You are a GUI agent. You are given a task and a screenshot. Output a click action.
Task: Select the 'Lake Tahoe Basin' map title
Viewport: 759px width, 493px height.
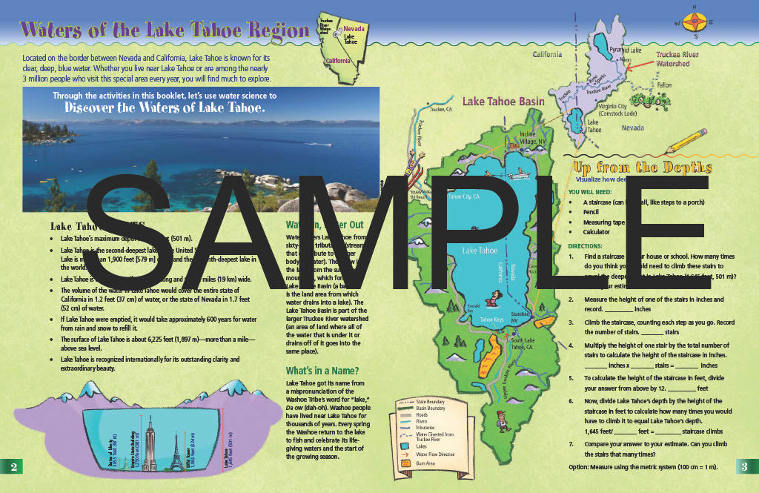point(503,102)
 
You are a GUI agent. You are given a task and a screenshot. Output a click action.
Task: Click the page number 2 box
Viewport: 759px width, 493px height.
point(13,466)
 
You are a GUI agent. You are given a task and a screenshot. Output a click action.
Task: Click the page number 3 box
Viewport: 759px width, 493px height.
point(745,466)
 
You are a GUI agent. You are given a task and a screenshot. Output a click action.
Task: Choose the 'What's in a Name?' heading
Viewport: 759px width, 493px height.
point(322,371)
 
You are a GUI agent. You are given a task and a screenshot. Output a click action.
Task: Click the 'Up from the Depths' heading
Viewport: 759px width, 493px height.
point(640,167)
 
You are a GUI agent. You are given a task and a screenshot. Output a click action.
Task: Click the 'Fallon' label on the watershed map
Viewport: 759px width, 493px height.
point(665,85)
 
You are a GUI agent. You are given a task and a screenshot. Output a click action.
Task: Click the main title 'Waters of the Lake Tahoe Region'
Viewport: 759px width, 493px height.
point(165,30)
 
